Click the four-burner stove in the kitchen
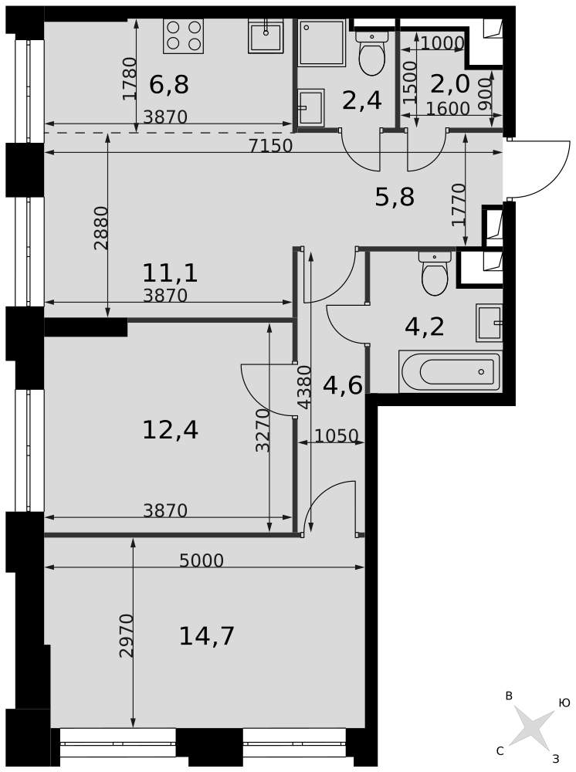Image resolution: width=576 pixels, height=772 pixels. [x=183, y=36]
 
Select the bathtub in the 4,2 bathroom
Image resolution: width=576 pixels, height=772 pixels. [x=449, y=372]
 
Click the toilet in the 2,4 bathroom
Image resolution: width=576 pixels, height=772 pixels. [x=371, y=53]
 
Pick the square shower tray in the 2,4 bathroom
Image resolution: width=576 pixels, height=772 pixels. [x=322, y=42]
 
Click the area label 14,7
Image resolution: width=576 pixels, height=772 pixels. [x=207, y=636]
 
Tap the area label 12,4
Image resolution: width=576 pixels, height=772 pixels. [x=171, y=430]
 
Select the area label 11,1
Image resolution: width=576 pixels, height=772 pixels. [x=171, y=273]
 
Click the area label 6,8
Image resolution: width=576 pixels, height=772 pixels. [x=169, y=85]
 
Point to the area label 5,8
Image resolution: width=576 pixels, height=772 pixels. [x=395, y=198]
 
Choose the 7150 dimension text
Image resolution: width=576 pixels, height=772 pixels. [x=271, y=146]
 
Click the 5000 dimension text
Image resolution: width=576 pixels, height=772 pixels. [x=202, y=560]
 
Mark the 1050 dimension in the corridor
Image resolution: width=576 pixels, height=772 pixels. [x=336, y=435]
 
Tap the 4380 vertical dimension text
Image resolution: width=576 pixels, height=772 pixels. [x=305, y=387]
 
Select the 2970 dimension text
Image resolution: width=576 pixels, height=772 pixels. [x=127, y=635]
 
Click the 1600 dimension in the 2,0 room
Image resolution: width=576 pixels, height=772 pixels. [x=448, y=109]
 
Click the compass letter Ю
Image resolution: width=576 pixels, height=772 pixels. [x=564, y=703]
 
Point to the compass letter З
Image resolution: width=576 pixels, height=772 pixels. [x=556, y=759]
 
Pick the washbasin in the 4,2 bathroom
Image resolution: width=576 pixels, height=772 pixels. [x=490, y=323]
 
